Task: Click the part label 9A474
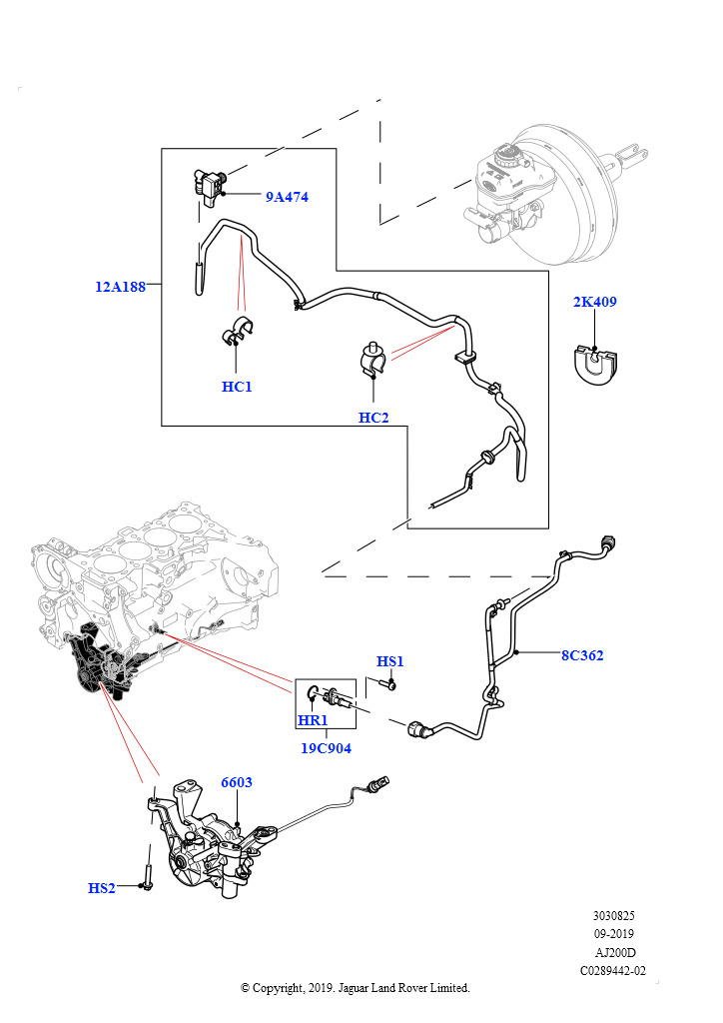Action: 287,197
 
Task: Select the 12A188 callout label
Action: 121,287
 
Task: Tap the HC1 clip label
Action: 237,387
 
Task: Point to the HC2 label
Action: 373,418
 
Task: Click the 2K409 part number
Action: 594,302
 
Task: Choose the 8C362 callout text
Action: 582,655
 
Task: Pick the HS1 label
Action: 389,661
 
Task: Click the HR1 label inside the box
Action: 313,720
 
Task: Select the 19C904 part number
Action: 326,748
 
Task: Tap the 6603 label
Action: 236,782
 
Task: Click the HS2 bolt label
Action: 102,888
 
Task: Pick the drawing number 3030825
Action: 613,916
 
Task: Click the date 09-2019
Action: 613,934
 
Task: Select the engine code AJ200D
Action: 615,952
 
